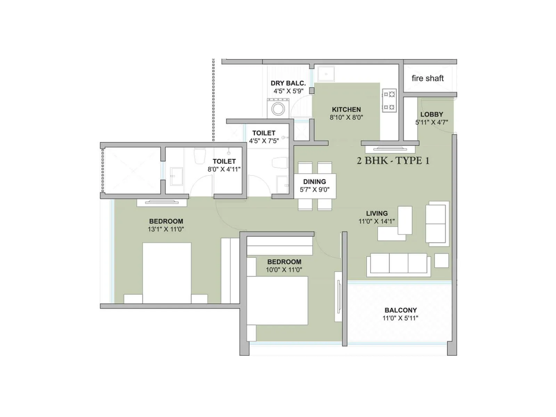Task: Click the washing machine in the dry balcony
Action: (278, 108)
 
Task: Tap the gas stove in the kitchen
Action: (389, 101)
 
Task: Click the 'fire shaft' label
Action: (427, 79)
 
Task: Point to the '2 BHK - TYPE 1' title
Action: (393, 161)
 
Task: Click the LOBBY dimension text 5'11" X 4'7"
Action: (432, 122)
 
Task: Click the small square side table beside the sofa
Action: (441, 261)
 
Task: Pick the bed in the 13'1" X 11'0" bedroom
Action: (167, 273)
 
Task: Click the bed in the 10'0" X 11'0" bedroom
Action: (277, 301)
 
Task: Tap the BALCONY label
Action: (400, 310)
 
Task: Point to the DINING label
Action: (314, 182)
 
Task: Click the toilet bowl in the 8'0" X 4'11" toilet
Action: (199, 156)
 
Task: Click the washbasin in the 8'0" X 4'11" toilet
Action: (177, 176)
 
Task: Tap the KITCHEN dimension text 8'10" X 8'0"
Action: (346, 117)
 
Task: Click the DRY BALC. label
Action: (288, 83)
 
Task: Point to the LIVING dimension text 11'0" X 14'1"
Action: (377, 221)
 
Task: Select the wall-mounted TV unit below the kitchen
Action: (390, 149)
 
